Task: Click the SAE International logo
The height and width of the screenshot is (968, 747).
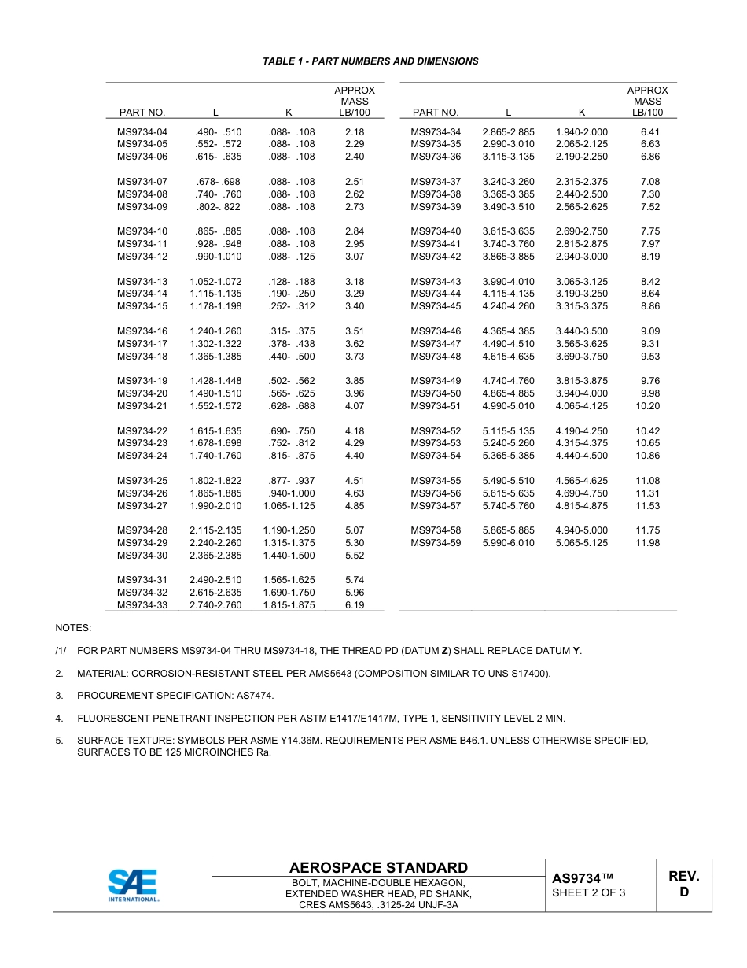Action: (134, 885)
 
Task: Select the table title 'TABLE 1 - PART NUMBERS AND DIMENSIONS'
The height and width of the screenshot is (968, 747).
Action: (370, 61)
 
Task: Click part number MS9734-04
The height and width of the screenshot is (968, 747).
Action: (142, 132)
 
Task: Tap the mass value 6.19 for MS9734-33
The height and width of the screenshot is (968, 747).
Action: (355, 605)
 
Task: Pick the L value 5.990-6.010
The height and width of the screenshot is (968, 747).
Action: (508, 543)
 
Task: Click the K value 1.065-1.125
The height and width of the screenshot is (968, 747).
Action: (289, 506)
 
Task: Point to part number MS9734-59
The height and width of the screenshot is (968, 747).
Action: (436, 543)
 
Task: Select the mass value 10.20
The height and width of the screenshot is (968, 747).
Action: (648, 406)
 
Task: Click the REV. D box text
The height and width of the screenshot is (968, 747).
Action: (683, 885)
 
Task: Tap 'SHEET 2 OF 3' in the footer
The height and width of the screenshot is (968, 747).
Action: (589, 892)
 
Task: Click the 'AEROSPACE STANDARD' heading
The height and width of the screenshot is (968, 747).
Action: (378, 868)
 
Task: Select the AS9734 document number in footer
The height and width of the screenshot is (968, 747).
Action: (582, 877)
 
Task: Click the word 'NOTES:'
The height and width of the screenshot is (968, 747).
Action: (73, 628)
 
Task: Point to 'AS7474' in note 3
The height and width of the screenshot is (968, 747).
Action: (256, 696)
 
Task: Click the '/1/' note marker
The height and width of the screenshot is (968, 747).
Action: (61, 651)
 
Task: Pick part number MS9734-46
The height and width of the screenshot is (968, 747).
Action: (436, 331)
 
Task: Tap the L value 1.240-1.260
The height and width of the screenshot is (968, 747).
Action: (215, 331)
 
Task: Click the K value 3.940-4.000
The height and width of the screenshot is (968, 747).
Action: (581, 393)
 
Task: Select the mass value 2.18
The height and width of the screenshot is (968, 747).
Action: (355, 132)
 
